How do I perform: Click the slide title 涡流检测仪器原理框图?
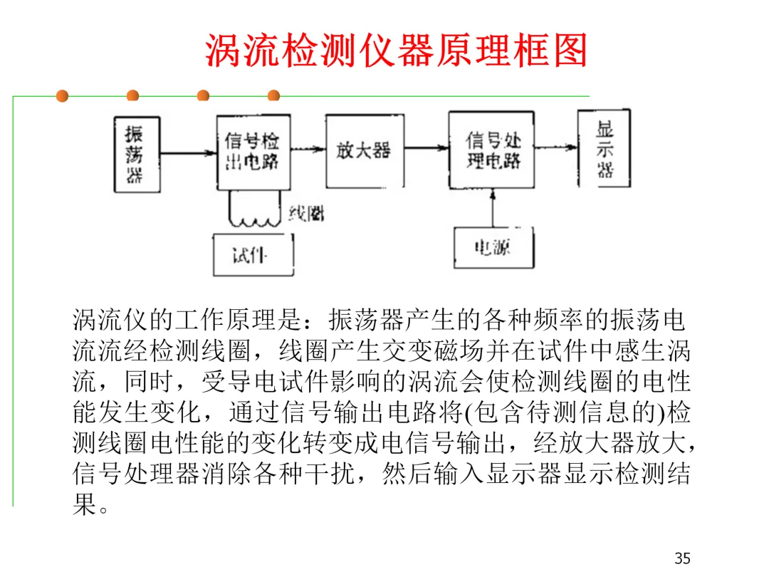click(x=396, y=50)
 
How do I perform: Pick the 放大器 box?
click(x=363, y=150)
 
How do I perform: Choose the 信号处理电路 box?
click(x=491, y=150)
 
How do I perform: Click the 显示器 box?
click(x=604, y=149)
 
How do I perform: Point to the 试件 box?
click(x=252, y=255)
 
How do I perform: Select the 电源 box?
click(x=493, y=246)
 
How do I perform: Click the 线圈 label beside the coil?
click(x=307, y=212)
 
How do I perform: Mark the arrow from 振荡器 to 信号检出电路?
click(x=188, y=152)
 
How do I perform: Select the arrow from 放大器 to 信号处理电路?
click(x=426, y=148)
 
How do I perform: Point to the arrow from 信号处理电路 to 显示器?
click(x=556, y=147)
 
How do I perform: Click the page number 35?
click(x=682, y=558)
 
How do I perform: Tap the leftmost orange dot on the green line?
click(x=62, y=96)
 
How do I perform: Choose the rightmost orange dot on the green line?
click(x=273, y=96)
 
